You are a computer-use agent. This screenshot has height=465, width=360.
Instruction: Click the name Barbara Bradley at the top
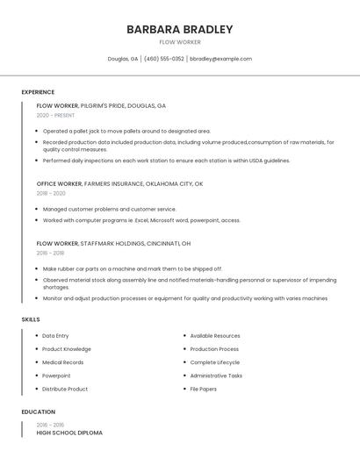point(179,29)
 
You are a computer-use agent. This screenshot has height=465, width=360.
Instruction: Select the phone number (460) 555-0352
point(163,59)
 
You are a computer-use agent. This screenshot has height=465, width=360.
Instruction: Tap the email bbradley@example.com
point(221,59)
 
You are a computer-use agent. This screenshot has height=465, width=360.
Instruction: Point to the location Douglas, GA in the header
point(122,59)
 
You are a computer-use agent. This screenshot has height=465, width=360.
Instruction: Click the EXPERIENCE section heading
point(38,92)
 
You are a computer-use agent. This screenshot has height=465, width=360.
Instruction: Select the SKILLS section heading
point(31,319)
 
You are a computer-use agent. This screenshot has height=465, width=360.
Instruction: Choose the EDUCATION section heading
point(39,411)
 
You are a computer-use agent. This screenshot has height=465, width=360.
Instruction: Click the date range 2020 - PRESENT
point(55,115)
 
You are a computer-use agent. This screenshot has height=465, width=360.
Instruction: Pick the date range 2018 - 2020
point(51,193)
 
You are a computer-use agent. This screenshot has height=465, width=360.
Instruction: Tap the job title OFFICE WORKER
point(59,183)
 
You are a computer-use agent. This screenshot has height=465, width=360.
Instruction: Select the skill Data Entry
point(55,335)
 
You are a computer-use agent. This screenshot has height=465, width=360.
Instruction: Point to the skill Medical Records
point(62,362)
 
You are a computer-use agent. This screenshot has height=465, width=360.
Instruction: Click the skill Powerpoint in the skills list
point(56,376)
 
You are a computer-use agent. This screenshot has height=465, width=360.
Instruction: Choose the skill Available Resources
point(214,335)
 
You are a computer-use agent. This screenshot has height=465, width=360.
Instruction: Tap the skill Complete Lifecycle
point(214,362)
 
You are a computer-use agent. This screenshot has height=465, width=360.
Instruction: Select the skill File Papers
point(203,389)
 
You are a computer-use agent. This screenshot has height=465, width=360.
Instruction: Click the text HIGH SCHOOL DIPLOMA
point(69,433)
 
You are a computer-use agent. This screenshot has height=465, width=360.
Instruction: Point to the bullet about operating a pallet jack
point(126,131)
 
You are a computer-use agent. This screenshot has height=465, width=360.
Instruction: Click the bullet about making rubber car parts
point(132,268)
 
